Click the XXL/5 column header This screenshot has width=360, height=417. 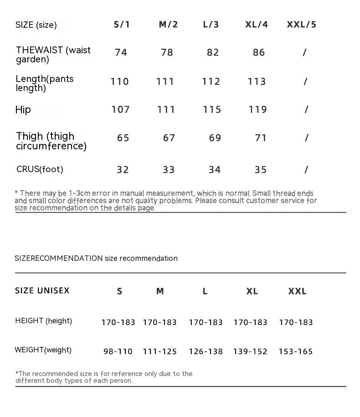pos(301,25)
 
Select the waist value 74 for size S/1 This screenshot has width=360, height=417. pos(121,52)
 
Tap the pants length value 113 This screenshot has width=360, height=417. pos(257,81)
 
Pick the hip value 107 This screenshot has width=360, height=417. pos(121,109)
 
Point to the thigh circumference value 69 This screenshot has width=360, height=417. pos(215,138)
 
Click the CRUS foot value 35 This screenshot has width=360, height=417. pos(261,170)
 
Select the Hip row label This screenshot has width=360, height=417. pos(23,109)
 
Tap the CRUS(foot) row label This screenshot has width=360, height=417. pos(40,169)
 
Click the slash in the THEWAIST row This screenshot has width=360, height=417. pos(304,52)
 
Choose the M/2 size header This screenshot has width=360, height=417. pos(168,25)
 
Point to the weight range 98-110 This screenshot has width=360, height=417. pos(118,351)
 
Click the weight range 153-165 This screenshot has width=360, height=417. pos(296,351)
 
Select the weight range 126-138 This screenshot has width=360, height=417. pos(206,351)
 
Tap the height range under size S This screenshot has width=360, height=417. pos(118,322)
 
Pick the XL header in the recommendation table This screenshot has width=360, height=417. pos(252,291)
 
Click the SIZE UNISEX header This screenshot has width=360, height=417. pos(42,290)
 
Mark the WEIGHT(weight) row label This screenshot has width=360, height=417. pos(43,350)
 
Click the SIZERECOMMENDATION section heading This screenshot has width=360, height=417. pos(96,258)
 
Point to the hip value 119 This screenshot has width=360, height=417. pos(258,109)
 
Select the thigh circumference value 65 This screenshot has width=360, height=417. pos(123,138)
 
